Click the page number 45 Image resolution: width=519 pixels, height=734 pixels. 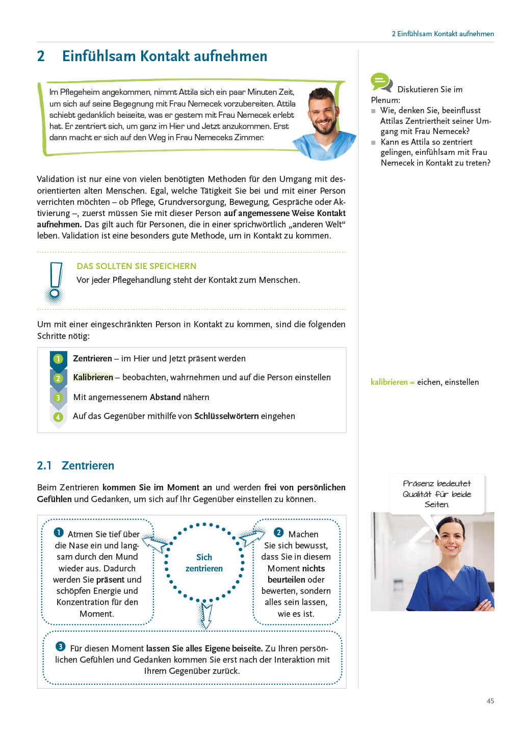(490, 701)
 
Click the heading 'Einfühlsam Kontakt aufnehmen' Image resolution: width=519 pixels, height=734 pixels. (164, 56)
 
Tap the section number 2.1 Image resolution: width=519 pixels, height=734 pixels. (44, 465)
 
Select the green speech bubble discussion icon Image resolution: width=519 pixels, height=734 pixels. (381, 82)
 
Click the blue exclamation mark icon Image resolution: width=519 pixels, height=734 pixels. (55, 282)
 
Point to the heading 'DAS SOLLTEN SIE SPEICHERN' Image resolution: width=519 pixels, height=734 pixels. (136, 266)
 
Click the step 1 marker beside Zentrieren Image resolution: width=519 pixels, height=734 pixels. (58, 359)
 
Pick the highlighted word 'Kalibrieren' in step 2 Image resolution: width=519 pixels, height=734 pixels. (93, 377)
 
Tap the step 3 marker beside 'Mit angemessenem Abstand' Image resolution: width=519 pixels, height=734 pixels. (58, 398)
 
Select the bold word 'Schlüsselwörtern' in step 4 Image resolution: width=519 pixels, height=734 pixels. (226, 416)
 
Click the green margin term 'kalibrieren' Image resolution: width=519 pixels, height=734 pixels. (389, 382)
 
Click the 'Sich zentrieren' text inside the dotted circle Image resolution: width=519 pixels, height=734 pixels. (204, 563)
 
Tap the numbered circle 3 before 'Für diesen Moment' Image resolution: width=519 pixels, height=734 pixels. (60, 646)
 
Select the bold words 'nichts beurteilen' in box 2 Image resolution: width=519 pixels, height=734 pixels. (296, 574)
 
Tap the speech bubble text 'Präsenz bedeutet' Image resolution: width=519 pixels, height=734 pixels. (436, 483)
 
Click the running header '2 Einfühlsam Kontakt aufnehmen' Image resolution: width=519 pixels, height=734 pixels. (443, 34)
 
